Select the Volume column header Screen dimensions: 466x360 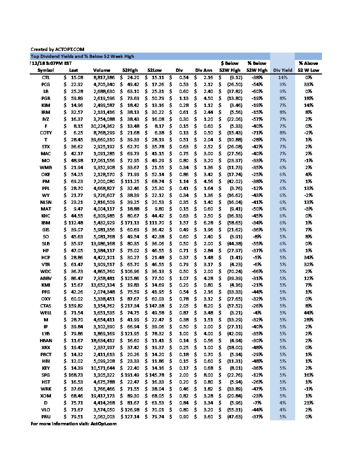click(x=102, y=70)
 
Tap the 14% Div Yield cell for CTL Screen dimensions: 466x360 click(x=283, y=77)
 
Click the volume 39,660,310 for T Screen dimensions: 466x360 click(x=103, y=140)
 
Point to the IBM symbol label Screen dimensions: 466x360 click(x=46, y=223)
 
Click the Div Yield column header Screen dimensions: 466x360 click(x=283, y=70)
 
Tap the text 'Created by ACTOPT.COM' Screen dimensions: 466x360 click(x=57, y=49)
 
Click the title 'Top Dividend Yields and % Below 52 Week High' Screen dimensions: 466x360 click(x=82, y=56)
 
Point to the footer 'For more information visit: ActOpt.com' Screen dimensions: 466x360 click(x=73, y=424)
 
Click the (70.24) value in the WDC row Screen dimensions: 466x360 click(x=235, y=271)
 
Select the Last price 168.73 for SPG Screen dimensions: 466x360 click(x=74, y=375)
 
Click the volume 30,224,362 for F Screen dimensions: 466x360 click(x=103, y=126)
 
